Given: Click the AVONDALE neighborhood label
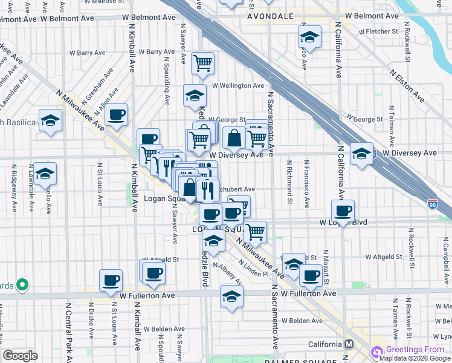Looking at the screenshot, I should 270,16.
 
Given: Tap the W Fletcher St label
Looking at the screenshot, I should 378,31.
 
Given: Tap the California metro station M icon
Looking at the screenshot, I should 349,344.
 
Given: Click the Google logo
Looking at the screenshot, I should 20,356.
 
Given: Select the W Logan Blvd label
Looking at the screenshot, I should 344,223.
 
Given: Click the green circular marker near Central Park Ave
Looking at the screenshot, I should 22,284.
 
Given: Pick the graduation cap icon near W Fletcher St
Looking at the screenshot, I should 309,38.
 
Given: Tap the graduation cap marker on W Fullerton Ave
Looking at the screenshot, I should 231,296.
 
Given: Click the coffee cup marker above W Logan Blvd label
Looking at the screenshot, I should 343,211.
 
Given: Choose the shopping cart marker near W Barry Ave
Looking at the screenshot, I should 203,62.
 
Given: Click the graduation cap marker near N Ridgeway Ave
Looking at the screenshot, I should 45,174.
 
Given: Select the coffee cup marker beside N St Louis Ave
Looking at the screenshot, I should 111,280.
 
